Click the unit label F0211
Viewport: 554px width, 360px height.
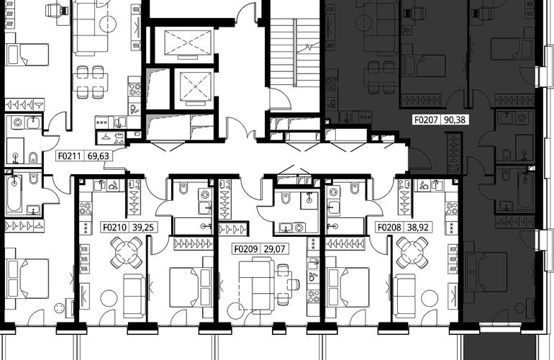coord(71,156)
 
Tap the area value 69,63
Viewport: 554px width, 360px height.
coord(99,156)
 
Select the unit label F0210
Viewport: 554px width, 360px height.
coord(115,227)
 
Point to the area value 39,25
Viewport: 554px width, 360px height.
coord(143,227)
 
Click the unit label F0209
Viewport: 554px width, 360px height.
coord(246,249)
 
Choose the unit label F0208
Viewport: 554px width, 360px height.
coord(389,227)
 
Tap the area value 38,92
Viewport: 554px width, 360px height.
coord(417,227)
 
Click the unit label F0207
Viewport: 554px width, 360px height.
coord(426,120)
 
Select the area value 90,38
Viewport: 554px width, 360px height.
coord(455,120)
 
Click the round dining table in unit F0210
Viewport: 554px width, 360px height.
coord(126,253)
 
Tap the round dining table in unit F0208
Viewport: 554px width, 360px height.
coord(412,253)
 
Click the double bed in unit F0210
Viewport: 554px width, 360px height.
coord(191,287)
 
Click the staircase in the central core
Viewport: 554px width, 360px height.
coord(296,53)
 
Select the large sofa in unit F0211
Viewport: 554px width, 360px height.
coord(90,27)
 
